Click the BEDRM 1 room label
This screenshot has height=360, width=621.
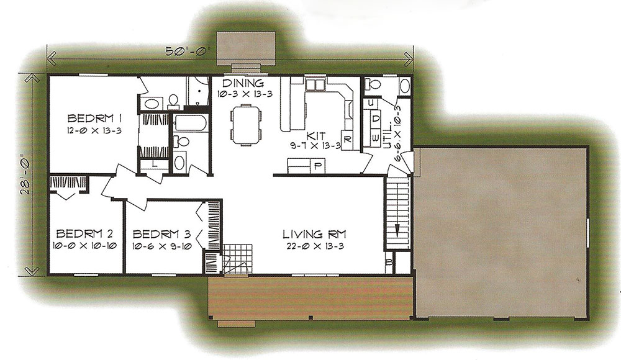point(94,119)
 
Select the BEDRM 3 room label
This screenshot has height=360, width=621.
point(161,233)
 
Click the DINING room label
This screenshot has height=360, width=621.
point(243,83)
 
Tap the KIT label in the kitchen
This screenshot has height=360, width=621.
point(315,136)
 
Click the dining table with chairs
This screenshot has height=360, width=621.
point(246,124)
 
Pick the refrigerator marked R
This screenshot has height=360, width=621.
point(347,140)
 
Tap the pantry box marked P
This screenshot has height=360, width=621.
point(317,166)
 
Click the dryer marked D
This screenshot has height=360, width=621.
point(376,119)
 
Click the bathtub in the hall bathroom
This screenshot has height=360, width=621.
point(191,123)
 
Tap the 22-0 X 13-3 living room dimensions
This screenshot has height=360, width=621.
point(315,246)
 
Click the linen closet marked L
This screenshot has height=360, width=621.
point(154,164)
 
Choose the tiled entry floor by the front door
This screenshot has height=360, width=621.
point(237,259)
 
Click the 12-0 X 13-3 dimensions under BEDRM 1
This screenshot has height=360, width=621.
point(94,130)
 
